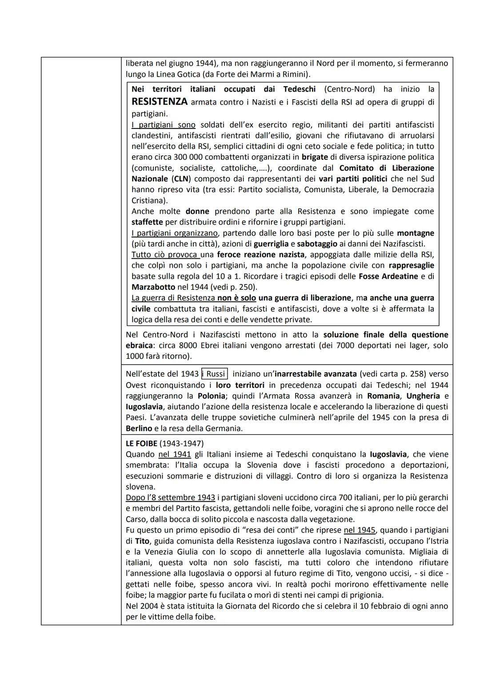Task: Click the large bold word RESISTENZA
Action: tap(160, 102)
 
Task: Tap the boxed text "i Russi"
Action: tap(215, 374)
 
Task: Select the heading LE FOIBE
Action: tap(141, 443)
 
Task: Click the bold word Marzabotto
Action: tap(153, 287)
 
